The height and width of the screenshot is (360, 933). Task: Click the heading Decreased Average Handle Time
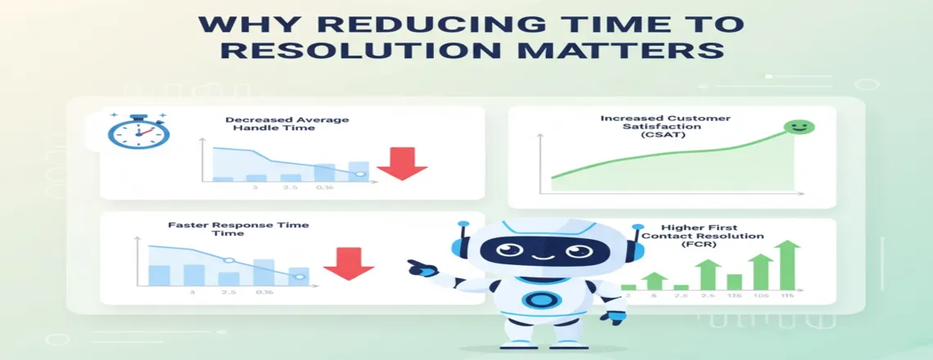[286, 124]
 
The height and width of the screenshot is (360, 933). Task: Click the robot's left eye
[500, 250]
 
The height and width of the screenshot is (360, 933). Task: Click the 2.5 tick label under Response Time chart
[229, 292]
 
